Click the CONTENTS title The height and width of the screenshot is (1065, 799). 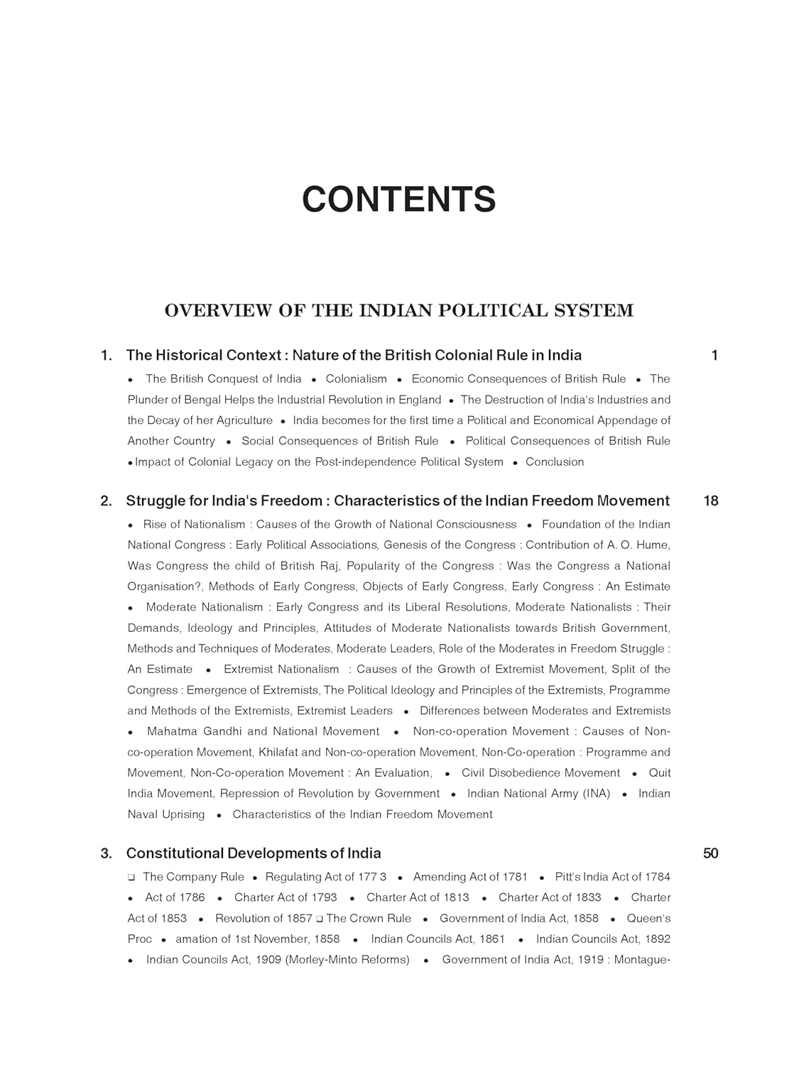(x=398, y=200)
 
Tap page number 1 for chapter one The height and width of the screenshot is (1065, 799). (x=714, y=355)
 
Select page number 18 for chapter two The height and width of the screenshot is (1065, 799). (x=710, y=501)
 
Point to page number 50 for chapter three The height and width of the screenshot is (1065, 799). (x=710, y=853)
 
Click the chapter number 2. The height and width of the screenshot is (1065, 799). (x=106, y=501)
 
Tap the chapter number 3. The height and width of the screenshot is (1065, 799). (x=106, y=853)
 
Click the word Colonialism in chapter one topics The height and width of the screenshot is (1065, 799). (x=356, y=379)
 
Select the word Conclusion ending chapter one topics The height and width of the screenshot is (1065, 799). (x=555, y=462)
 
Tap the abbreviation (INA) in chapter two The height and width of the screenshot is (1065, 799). (x=586, y=794)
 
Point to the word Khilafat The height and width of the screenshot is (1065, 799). (x=280, y=753)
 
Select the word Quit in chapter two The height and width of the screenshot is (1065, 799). (x=660, y=773)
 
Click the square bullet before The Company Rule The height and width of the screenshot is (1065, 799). (x=131, y=878)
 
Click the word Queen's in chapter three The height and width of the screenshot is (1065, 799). (x=648, y=919)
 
